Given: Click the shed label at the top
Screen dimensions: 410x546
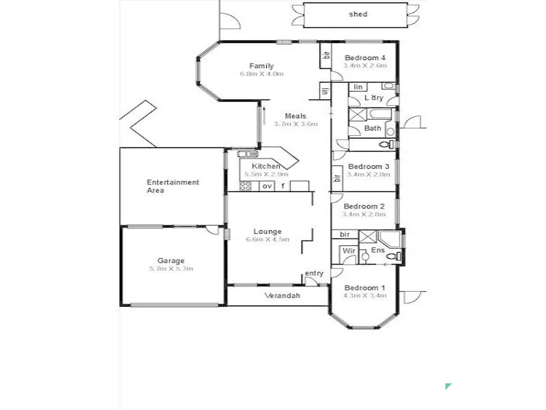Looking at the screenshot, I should (x=358, y=14).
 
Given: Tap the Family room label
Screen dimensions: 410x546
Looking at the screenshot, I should (x=261, y=66).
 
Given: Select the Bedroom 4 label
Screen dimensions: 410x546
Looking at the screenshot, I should (x=364, y=57).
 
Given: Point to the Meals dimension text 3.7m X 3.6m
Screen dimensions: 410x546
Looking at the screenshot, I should (x=296, y=124).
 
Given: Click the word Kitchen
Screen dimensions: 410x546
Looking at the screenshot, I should (x=265, y=167).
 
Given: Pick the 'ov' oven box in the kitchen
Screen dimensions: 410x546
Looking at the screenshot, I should (x=267, y=186).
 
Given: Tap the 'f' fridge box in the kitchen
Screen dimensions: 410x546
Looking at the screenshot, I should (x=283, y=186).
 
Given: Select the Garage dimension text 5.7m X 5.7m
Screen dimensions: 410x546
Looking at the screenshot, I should (x=171, y=269).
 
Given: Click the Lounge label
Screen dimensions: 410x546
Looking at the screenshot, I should (x=268, y=232).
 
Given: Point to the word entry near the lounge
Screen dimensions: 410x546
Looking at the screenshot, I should (x=314, y=273).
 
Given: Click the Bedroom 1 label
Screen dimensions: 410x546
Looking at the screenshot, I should (x=364, y=288).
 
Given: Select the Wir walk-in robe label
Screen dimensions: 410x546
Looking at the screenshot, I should (x=349, y=251).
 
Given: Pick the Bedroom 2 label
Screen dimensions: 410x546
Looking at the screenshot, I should (x=364, y=206).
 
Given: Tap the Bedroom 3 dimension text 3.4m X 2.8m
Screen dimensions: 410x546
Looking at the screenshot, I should (x=369, y=174).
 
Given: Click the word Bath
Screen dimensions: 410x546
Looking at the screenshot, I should (x=372, y=128).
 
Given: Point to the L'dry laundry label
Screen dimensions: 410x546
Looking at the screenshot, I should (x=373, y=98).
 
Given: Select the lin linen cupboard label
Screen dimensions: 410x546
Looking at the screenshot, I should (x=358, y=87).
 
